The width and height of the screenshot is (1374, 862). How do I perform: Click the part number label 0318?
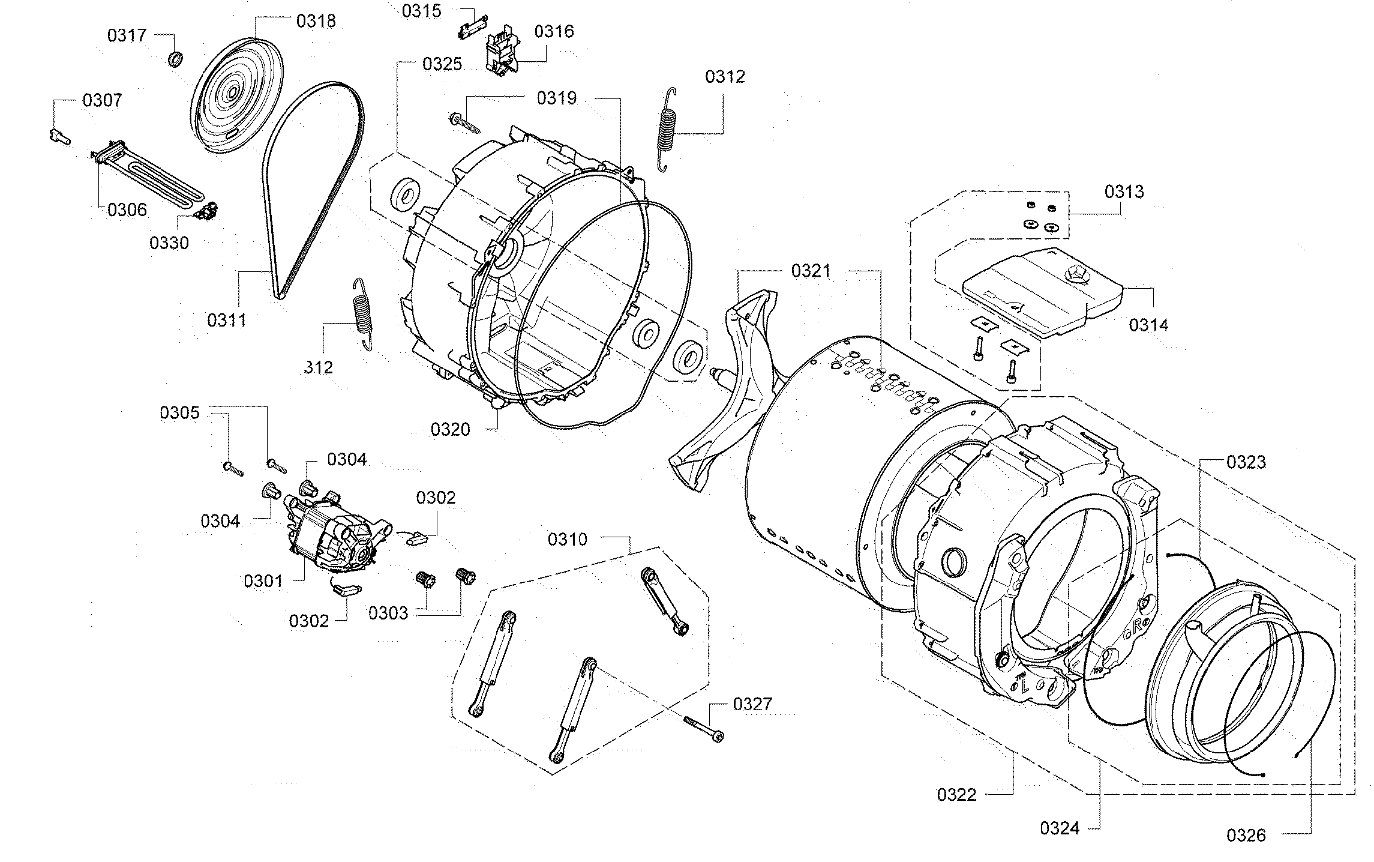(316, 21)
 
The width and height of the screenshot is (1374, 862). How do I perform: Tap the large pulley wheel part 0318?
(236, 96)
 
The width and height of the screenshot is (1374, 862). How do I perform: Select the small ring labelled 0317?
(175, 59)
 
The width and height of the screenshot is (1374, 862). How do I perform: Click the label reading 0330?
(169, 243)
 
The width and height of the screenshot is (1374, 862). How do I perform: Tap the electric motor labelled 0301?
(333, 534)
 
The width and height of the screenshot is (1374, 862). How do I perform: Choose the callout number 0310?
(567, 540)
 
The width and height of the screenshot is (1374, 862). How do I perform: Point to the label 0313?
(1124, 192)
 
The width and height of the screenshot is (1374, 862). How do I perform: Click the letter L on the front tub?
(1024, 684)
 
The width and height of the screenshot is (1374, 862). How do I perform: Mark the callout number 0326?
(1246, 835)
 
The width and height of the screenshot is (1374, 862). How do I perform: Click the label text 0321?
(811, 271)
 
